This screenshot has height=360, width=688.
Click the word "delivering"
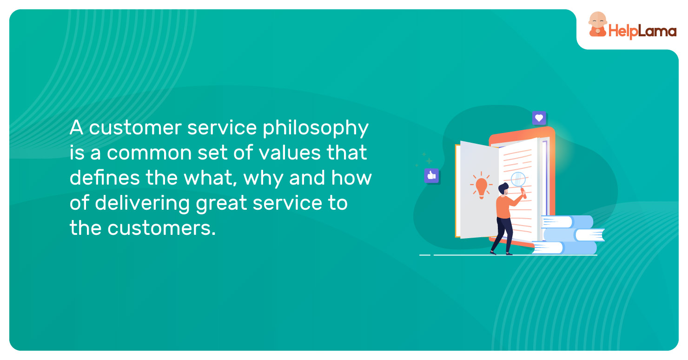pos(143,204)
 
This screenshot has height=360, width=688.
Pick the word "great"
pos(221,204)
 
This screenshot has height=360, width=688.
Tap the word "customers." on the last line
pos(162,228)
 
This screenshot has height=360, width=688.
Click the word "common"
pos(149,153)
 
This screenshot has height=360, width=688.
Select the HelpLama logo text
pos(642,32)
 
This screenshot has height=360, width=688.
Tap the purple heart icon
pos(539,118)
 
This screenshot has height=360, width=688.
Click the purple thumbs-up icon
pos(431,176)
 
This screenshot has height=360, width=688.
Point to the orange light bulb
pos(481,187)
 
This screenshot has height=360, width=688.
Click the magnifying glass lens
pos(518,179)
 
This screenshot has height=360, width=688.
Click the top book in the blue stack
pos(567,222)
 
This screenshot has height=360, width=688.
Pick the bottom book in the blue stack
pos(564,248)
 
